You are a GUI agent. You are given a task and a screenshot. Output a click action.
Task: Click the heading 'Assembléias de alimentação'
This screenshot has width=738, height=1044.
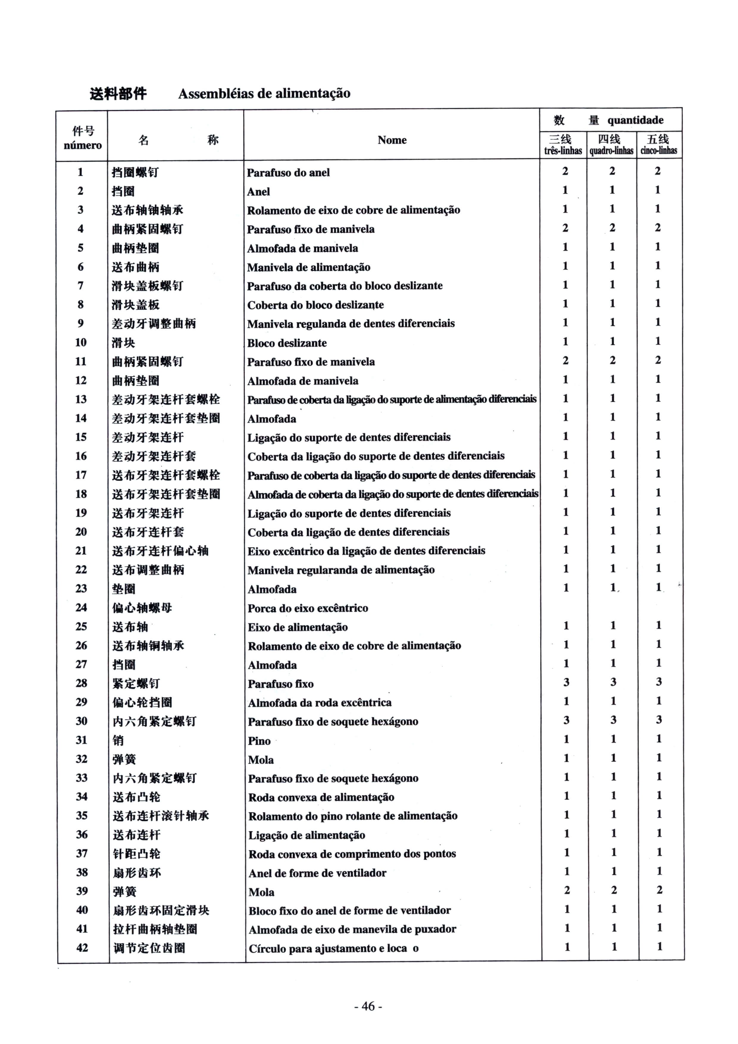[264, 94]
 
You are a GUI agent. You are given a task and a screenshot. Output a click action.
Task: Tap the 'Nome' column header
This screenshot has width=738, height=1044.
[392, 140]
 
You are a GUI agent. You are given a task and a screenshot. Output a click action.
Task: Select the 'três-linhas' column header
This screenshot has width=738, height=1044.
[563, 151]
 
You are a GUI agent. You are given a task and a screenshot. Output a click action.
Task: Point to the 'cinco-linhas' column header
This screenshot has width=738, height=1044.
[659, 151]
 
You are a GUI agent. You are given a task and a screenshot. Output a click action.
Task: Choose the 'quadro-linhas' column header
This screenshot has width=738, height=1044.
[611, 151]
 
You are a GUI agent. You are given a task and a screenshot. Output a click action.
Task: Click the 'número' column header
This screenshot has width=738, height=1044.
[82, 146]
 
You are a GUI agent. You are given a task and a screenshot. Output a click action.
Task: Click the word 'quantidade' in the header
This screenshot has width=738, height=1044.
[635, 121]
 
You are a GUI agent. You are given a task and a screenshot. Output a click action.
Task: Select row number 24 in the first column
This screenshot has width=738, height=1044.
[81, 607]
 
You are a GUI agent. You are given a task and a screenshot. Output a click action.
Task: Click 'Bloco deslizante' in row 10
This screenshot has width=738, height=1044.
[287, 343]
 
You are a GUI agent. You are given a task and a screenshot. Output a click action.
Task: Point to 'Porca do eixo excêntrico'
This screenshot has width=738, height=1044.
[308, 608]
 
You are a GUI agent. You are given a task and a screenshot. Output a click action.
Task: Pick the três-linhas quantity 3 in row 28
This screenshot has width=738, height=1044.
[566, 682]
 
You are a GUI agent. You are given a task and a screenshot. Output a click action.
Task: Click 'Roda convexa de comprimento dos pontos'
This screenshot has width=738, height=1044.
[352, 854]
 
